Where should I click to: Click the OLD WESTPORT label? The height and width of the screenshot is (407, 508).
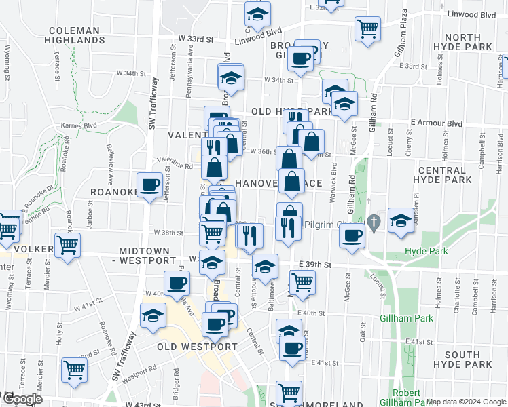[x=197, y=347]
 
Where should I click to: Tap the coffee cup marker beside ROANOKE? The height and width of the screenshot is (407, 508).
[x=149, y=185]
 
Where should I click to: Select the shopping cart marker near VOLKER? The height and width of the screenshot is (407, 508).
[x=67, y=246]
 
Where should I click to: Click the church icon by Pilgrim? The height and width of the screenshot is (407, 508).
[x=373, y=222]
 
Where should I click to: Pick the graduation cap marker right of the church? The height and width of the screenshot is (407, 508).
[x=401, y=220]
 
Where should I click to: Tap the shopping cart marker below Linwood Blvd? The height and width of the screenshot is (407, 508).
[x=367, y=29]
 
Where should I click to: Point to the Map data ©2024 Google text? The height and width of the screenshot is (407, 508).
[x=467, y=402]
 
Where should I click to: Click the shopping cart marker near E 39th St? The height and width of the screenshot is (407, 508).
[x=302, y=282]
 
